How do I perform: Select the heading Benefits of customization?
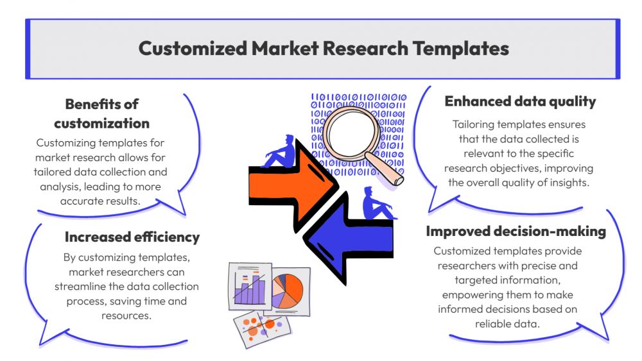coord(102,113)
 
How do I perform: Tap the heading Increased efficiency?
coord(132,237)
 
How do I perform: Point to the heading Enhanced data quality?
coord(520,101)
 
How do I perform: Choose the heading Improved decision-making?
coord(516,231)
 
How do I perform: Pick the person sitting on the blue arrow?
coord(374,203)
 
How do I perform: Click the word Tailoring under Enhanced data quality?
coord(474,124)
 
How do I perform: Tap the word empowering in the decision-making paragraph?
coord(469,294)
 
